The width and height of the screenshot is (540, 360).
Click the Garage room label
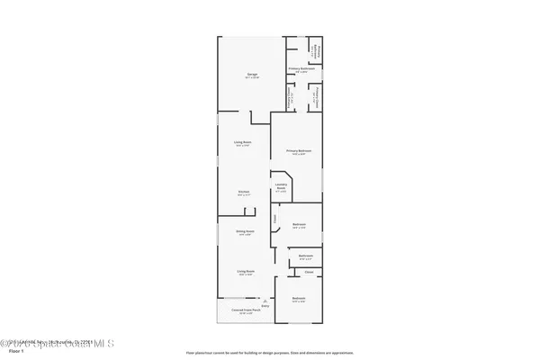241,76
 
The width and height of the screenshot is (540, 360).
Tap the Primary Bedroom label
298,151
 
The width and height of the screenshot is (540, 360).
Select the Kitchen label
242,192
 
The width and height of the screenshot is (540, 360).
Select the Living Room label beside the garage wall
242,143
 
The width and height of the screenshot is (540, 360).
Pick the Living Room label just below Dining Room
243,273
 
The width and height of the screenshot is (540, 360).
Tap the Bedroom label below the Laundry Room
300,225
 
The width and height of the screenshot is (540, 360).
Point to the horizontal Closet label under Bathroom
309,271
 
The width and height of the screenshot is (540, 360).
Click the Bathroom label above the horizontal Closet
305,256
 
